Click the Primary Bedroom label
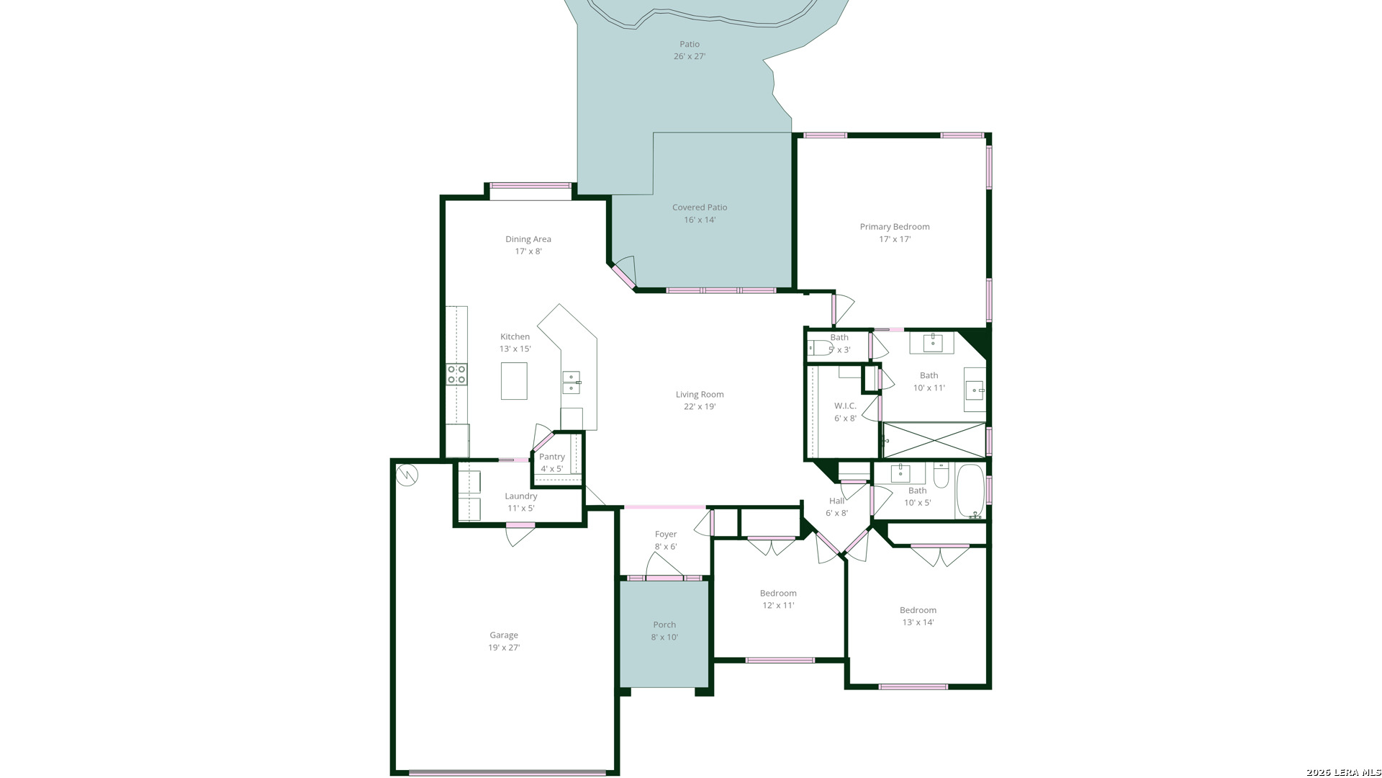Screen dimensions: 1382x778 [895, 227]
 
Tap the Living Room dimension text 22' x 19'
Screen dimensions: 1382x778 [700, 407]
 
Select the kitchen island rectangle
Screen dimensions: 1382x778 [514, 381]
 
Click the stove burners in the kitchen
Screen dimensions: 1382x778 [456, 375]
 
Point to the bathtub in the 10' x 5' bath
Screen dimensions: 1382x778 [970, 491]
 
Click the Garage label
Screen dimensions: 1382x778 [504, 635]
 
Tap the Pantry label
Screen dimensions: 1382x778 [552, 457]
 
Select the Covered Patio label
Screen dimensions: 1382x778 [700, 207]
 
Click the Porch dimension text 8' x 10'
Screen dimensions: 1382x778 [664, 638]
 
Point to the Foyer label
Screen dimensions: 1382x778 [666, 535]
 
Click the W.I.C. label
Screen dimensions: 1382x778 [846, 406]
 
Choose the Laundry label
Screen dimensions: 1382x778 [521, 496]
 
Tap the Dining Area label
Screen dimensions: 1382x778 [528, 239]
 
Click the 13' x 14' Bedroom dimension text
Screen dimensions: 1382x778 [918, 623]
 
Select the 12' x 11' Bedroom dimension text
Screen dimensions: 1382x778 [779, 606]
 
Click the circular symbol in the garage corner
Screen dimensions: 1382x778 [407, 475]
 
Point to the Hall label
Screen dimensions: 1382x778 [836, 501]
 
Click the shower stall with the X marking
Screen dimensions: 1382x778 [934, 439]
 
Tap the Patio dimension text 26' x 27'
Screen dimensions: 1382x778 [690, 57]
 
